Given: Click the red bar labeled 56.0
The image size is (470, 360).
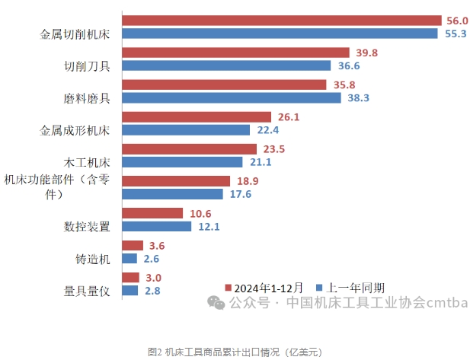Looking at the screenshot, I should pos(282,21).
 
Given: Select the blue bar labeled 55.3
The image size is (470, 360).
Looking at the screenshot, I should pos(280,33).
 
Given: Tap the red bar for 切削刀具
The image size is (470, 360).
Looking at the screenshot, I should pos(235,53).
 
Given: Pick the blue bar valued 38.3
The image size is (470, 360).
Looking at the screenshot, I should pos(232,98).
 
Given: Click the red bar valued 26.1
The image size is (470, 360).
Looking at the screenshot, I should pos(197,117).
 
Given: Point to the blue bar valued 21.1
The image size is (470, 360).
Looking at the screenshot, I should pos(182,162).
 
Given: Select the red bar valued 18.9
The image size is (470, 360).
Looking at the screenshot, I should pos(176,181).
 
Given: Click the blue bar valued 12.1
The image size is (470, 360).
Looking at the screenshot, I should pos(157,226).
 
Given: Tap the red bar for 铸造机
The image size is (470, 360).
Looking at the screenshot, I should pos(133,245).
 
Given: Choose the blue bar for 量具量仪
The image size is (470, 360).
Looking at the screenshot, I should pos(130,291).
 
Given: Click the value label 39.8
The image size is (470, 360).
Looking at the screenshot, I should pos(366,53).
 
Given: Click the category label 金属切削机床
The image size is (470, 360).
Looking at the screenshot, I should pos(75,34).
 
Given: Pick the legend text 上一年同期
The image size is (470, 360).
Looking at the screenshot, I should pos(356,288).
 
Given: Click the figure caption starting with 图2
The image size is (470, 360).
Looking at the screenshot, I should pos(235,351).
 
